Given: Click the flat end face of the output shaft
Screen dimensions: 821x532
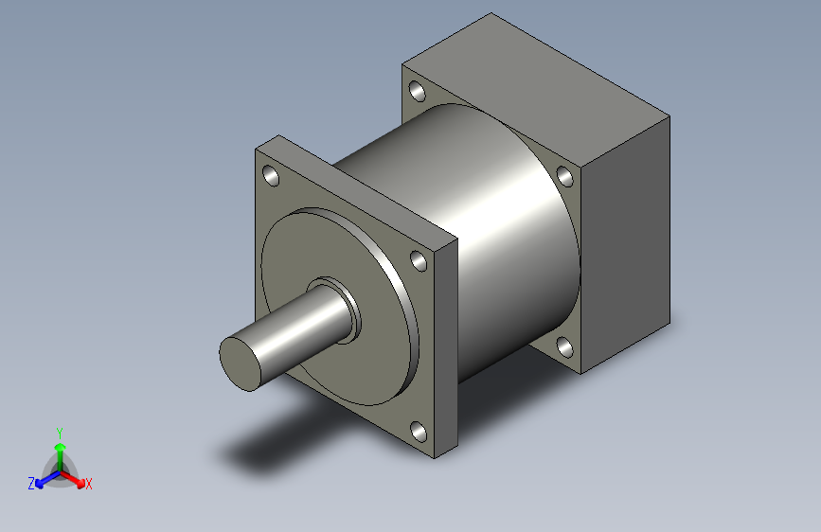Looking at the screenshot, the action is [x=240, y=364].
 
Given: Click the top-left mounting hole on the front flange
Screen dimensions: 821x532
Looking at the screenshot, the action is [x=271, y=175].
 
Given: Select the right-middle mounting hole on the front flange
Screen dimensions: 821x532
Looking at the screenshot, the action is [x=419, y=260].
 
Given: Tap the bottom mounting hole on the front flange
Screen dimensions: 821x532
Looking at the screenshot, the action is [x=419, y=432].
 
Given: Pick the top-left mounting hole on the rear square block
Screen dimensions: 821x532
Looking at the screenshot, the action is [x=417, y=91].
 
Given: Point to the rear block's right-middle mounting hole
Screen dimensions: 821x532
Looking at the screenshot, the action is [x=564, y=176].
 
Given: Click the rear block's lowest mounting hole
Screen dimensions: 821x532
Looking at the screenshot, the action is [x=564, y=347].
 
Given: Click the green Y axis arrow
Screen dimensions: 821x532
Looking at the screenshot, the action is [x=61, y=456].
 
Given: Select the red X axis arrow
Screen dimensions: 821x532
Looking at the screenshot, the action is [x=73, y=479].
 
